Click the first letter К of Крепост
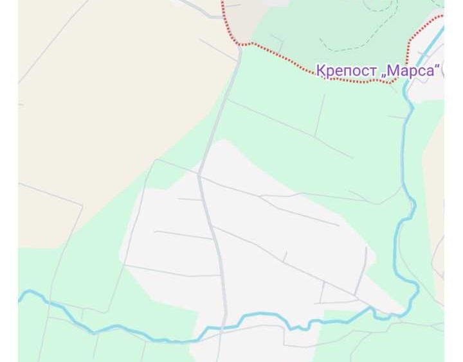(x=320, y=71)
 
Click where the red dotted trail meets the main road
(x=240, y=45)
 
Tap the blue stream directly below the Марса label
(x=406, y=96)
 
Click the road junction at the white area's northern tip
(x=200, y=174)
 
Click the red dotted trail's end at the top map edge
(x=222, y=3)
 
